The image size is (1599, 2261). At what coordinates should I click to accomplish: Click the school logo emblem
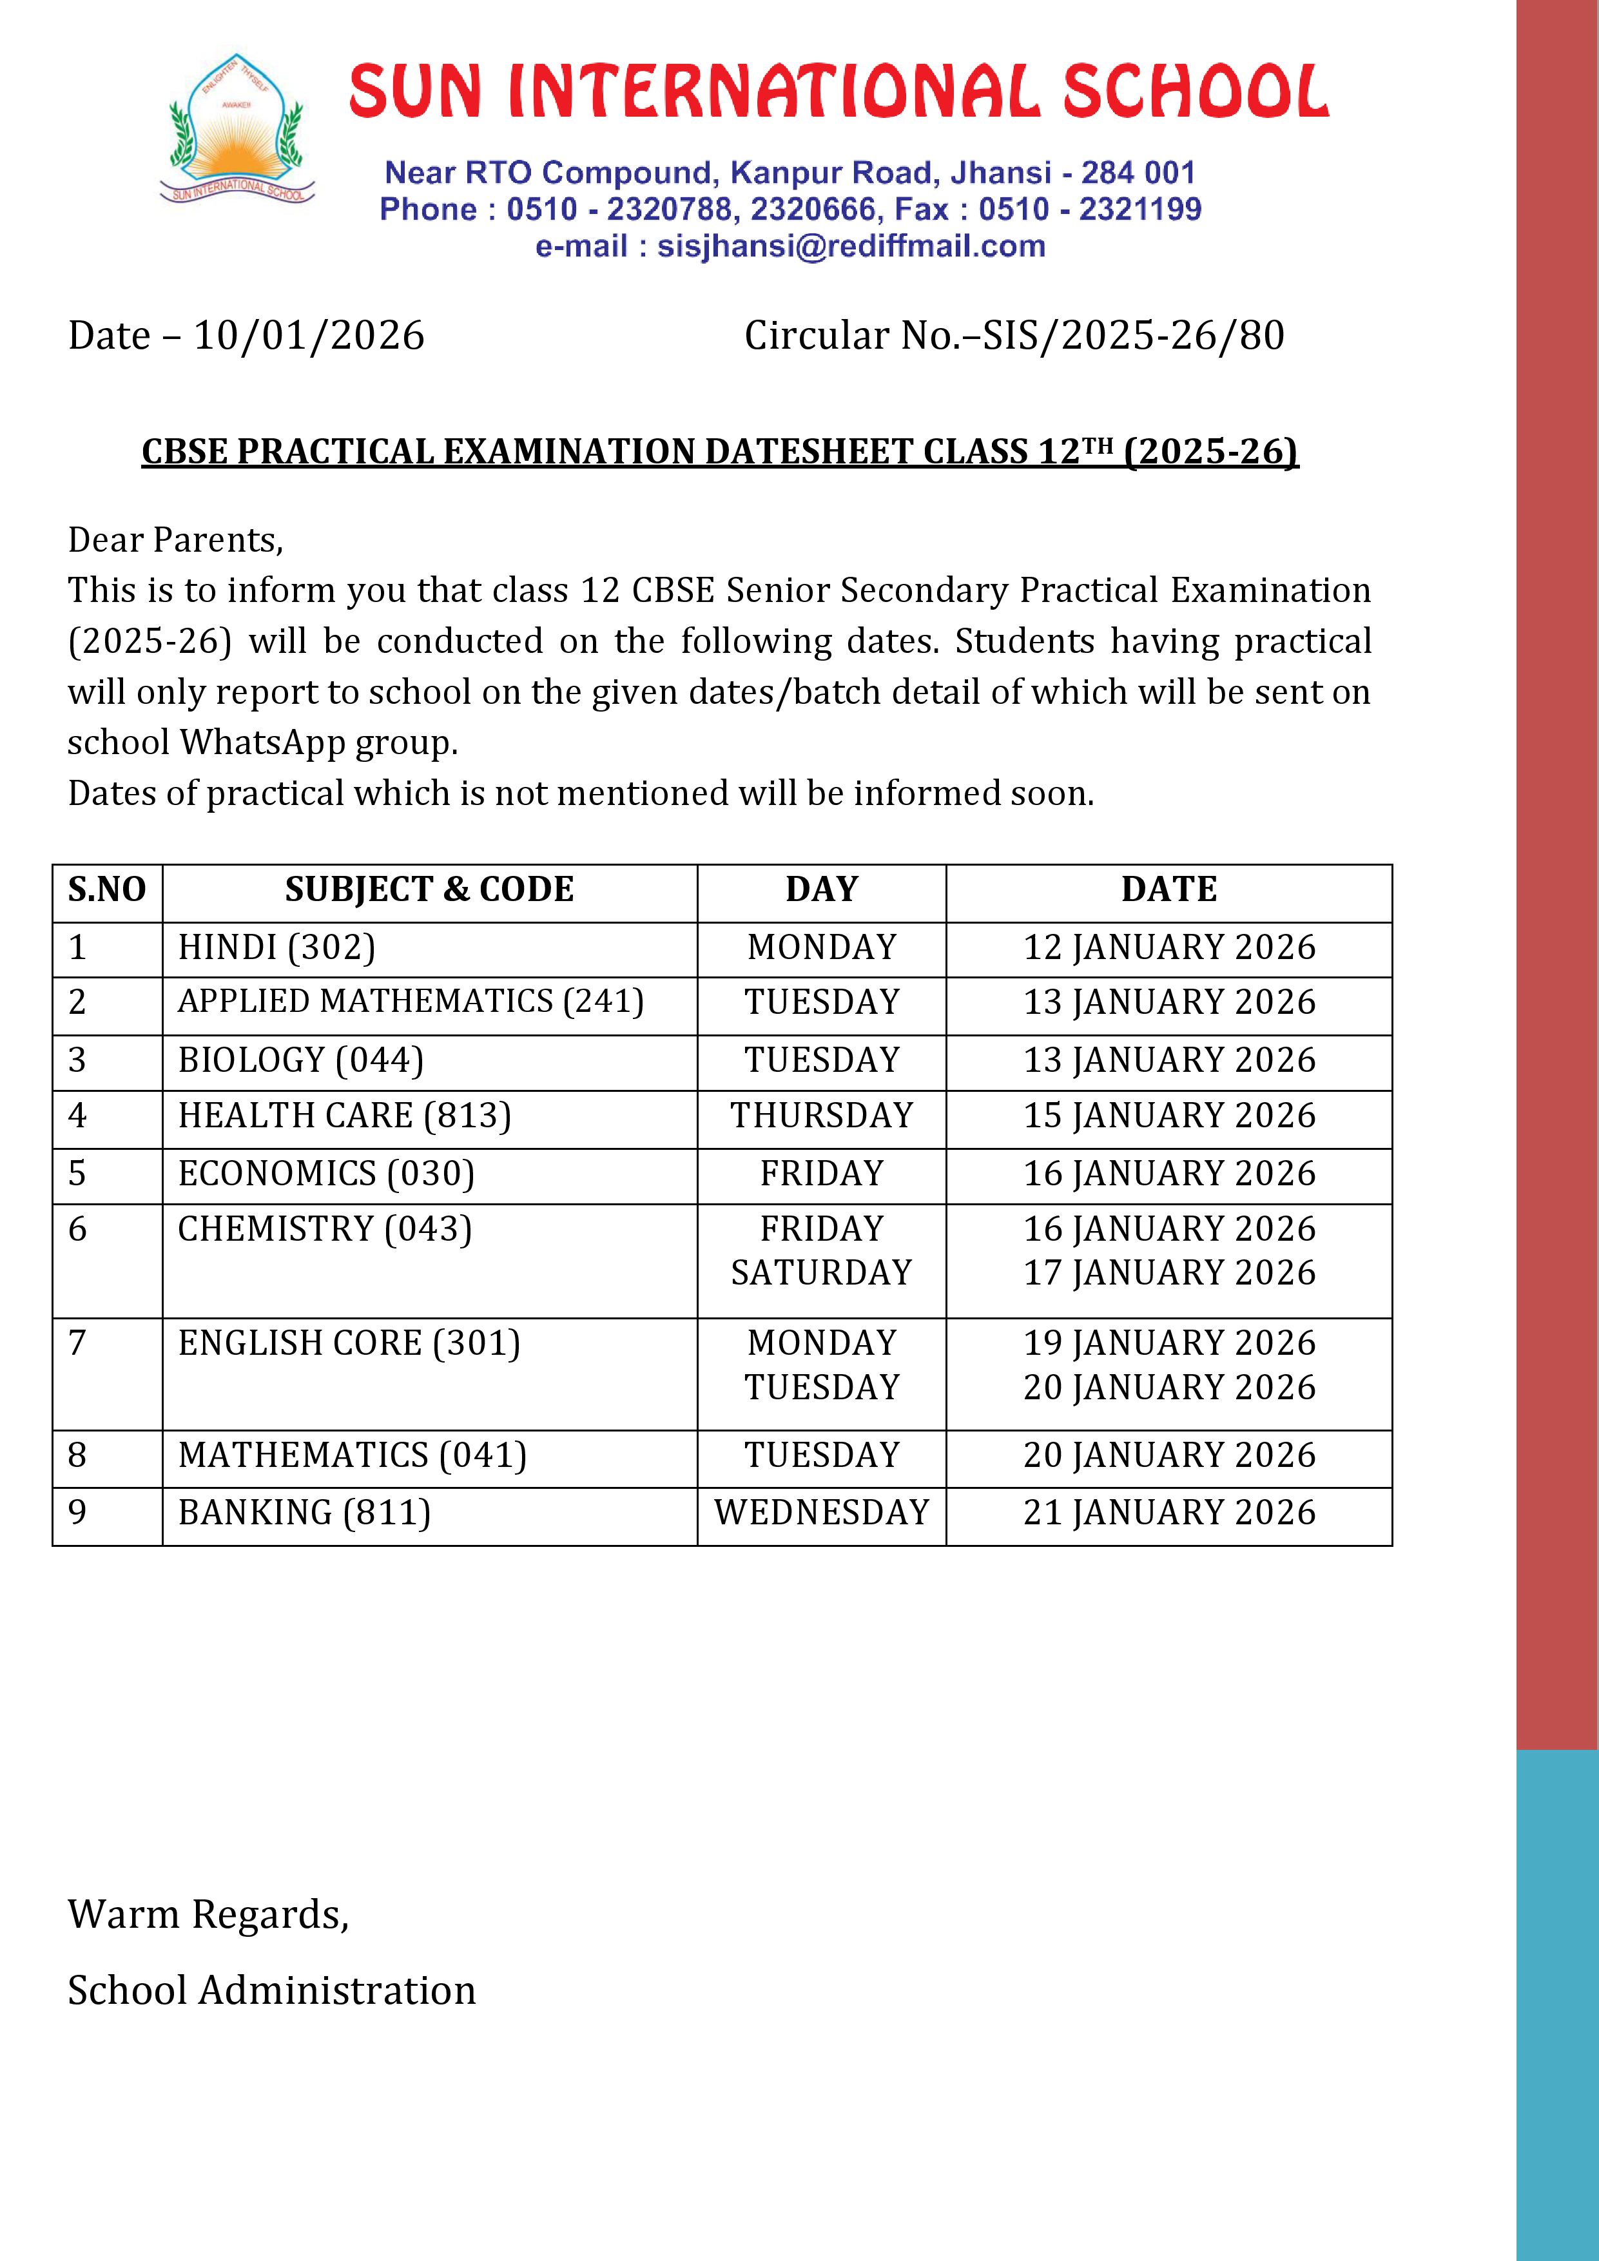[237, 129]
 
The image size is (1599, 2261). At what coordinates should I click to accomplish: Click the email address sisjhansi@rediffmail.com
[851, 246]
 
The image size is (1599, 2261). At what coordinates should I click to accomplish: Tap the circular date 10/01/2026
[308, 336]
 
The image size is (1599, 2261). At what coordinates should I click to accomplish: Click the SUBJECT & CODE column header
[429, 889]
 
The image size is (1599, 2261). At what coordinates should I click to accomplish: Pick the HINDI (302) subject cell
[276, 947]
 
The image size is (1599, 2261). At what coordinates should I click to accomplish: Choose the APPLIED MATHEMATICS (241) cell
[411, 1002]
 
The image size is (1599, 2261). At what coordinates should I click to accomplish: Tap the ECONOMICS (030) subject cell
[326, 1174]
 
